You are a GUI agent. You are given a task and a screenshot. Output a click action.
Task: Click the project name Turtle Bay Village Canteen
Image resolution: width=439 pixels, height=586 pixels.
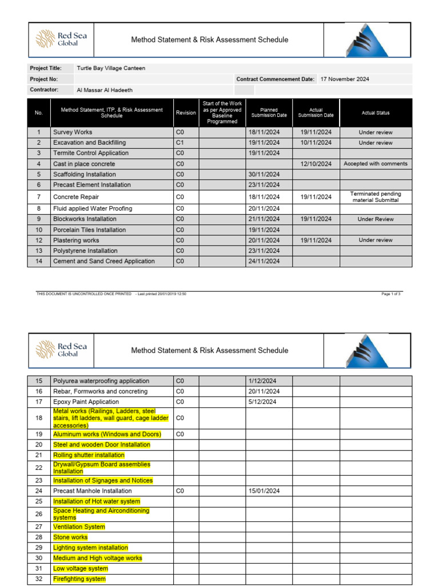[111, 68]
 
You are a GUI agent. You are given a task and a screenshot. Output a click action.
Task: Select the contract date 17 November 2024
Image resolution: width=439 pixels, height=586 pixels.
[345, 79]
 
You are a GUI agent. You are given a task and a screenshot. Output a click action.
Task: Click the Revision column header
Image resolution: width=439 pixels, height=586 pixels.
[186, 113]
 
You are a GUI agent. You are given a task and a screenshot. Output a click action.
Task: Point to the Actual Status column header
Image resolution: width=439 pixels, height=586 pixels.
[376, 113]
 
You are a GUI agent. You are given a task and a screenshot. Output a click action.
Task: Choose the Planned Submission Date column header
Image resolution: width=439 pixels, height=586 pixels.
[269, 113]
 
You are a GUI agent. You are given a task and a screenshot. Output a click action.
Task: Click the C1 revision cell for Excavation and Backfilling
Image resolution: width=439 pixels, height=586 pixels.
[180, 142]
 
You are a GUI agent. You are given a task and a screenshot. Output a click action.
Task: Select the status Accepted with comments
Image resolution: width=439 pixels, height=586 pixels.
[376, 164]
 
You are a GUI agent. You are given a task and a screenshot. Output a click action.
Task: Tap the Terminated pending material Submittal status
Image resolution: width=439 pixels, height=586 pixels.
[376, 197]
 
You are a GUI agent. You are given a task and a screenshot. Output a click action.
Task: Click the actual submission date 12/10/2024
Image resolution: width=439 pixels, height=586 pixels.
[316, 164]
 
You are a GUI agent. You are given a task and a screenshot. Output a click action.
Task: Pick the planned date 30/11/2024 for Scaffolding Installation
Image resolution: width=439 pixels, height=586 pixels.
[264, 175]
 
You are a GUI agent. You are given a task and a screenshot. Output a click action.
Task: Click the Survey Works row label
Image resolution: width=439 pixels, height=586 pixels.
[73, 132]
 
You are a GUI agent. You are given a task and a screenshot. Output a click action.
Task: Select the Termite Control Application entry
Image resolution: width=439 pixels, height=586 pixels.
[91, 153]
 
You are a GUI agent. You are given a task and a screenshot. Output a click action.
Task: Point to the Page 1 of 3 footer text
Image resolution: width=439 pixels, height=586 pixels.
[391, 294]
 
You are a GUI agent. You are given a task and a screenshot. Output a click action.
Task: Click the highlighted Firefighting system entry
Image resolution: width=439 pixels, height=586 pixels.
[79, 579]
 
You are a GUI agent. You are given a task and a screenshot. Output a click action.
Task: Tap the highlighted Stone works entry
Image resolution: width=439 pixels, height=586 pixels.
[70, 537]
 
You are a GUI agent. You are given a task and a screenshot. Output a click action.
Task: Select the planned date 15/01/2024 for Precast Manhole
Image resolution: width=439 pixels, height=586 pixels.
[264, 491]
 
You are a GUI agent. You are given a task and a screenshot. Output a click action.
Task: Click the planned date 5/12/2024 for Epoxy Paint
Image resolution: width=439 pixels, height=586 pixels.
[262, 402]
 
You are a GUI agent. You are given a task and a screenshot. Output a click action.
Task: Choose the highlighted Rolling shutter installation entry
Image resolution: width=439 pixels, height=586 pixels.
[89, 455]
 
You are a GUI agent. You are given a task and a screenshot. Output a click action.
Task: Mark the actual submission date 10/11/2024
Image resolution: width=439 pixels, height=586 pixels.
[316, 142]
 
